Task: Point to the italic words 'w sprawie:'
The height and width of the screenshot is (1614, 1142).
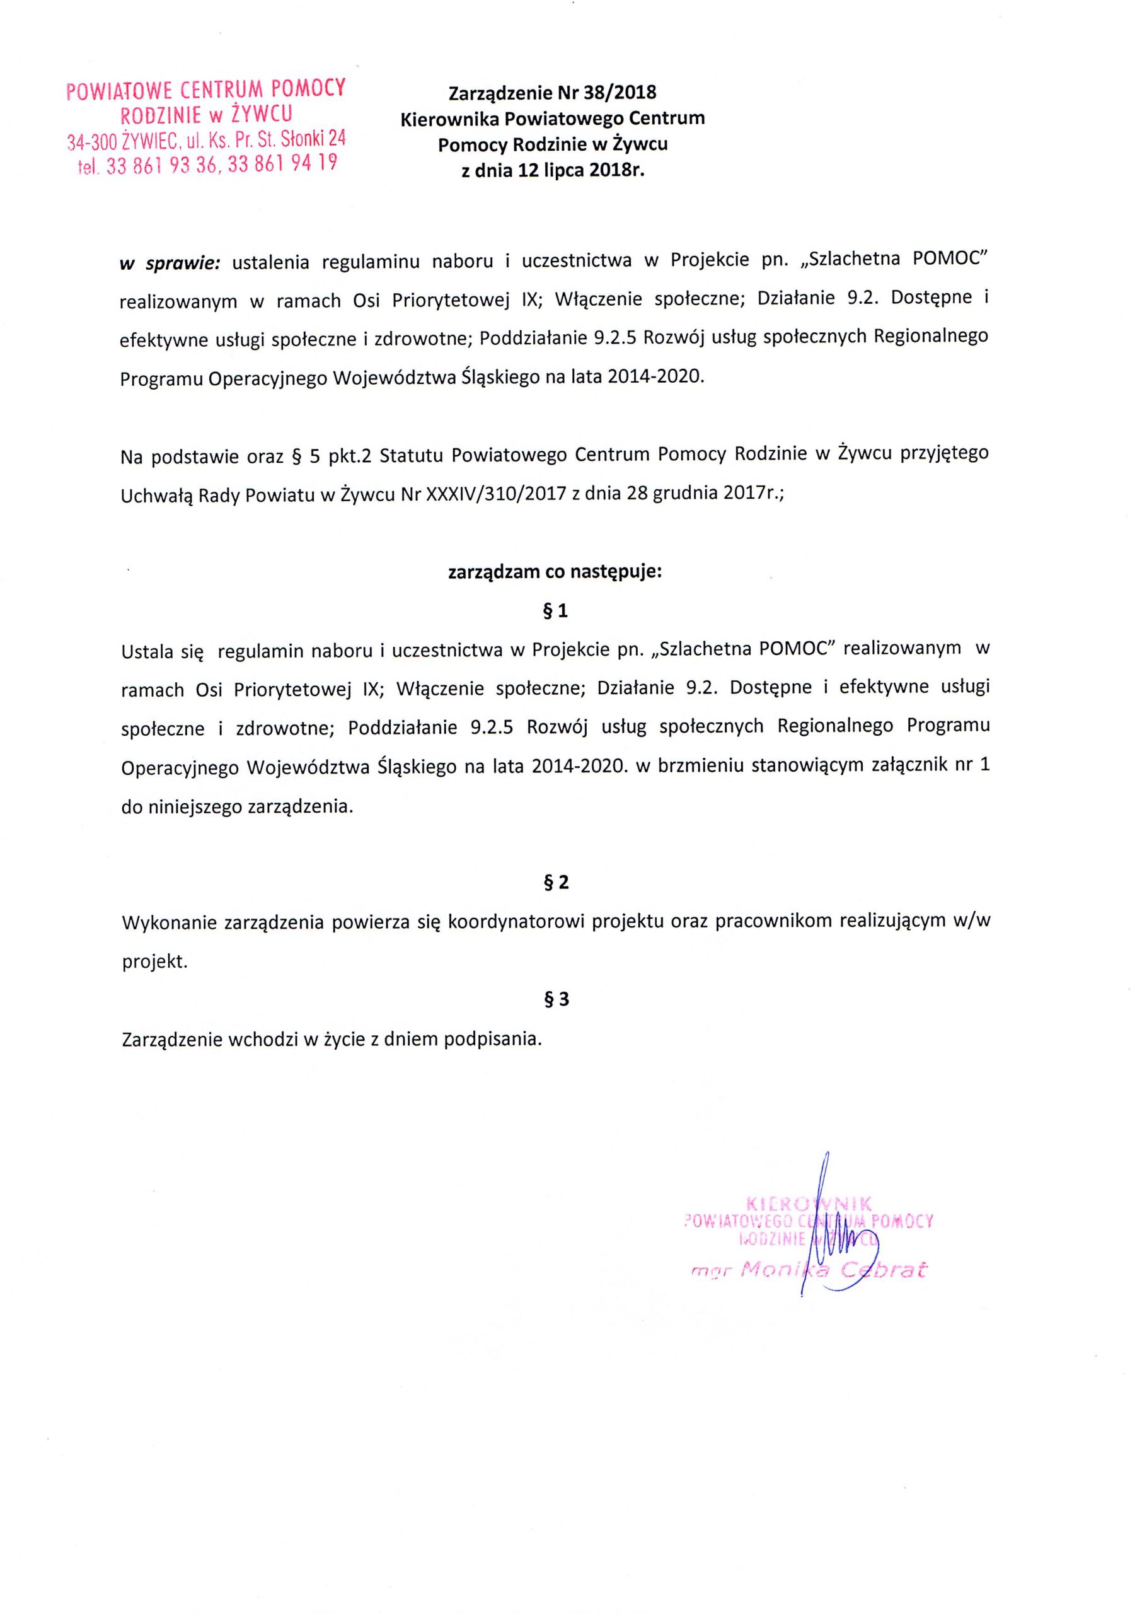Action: pyautogui.click(x=170, y=263)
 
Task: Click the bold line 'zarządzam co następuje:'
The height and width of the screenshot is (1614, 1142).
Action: pyautogui.click(x=555, y=572)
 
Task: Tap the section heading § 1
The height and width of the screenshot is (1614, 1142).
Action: pyautogui.click(x=555, y=611)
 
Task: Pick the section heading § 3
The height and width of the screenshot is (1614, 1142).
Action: pyautogui.click(x=555, y=999)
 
